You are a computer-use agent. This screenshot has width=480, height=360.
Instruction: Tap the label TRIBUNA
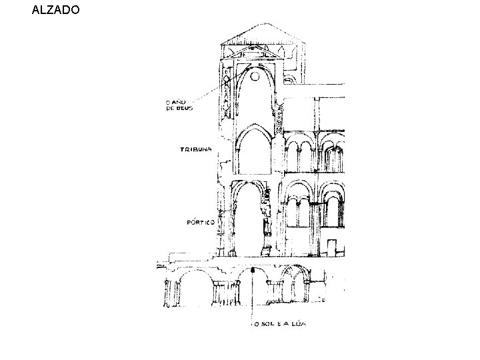[195, 150]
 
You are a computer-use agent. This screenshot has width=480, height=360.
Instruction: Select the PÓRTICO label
[200, 223]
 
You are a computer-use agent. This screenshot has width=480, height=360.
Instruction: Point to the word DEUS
[185, 108]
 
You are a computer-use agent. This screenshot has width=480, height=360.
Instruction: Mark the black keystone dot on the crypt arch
[254, 270]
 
